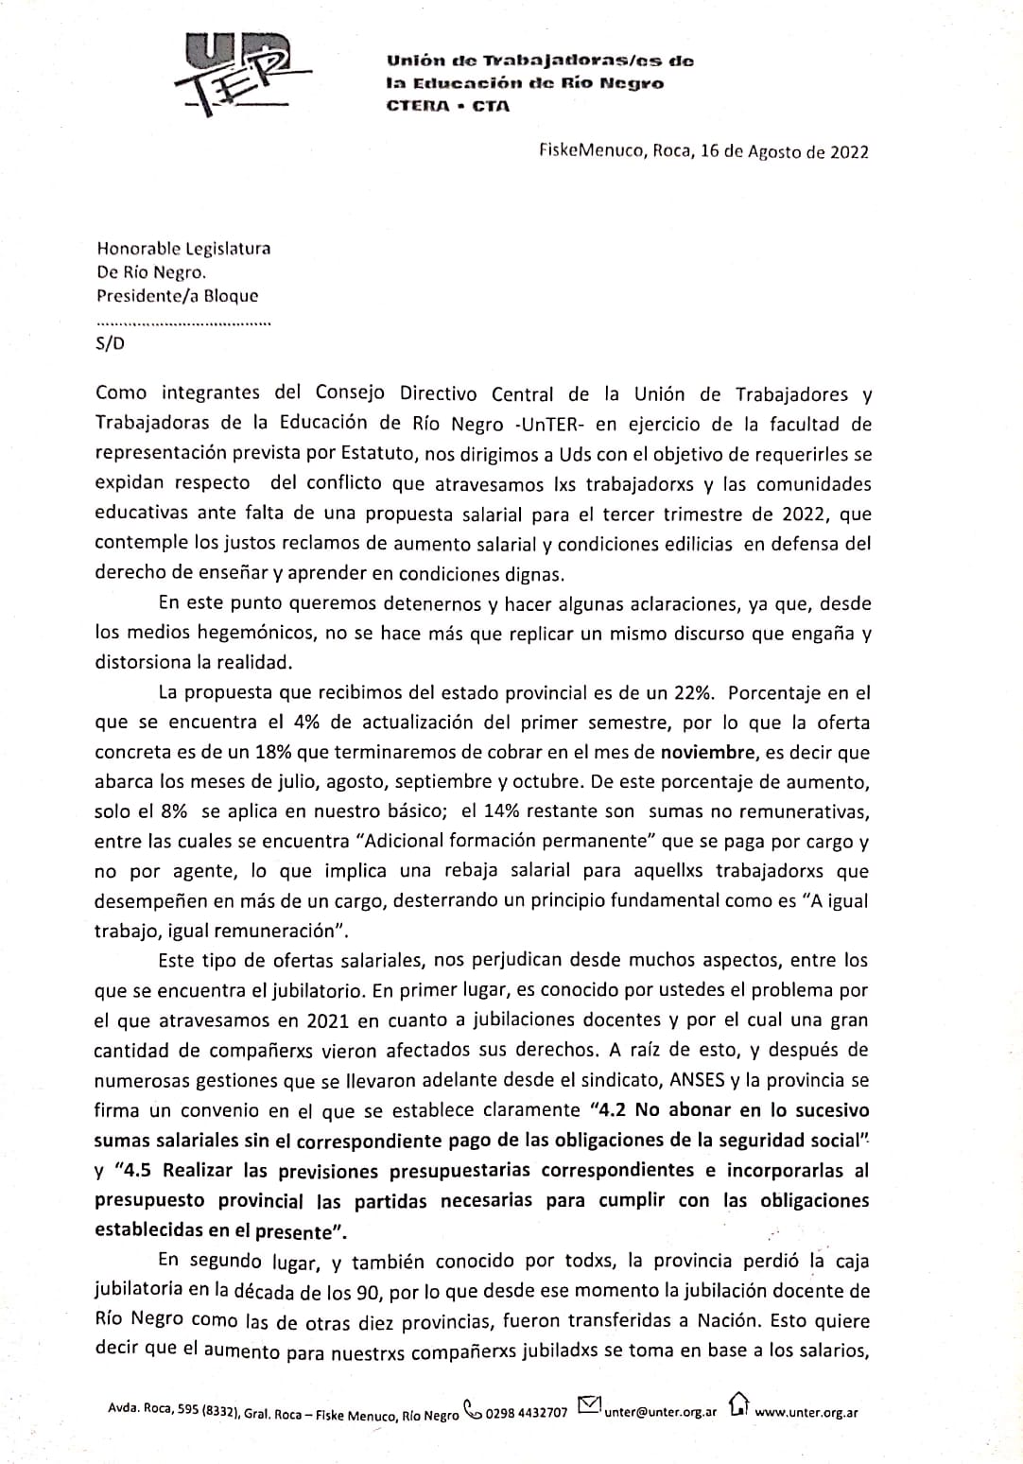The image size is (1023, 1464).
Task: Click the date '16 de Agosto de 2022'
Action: pos(785,152)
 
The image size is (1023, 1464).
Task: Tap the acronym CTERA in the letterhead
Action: pos(418,106)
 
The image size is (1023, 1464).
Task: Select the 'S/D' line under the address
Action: pos(110,343)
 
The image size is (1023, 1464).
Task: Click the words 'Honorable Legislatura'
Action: pos(183,249)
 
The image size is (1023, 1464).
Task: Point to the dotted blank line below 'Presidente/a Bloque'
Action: pos(183,323)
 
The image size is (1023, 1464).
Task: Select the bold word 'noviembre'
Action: pos(708,753)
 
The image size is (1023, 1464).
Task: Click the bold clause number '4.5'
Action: pos(136,1170)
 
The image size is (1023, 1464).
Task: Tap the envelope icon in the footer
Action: pos(588,1407)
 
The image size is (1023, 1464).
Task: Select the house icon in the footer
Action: pos(738,1405)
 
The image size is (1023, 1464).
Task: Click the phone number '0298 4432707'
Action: pos(527,1413)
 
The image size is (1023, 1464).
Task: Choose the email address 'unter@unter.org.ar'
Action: pos(661,1412)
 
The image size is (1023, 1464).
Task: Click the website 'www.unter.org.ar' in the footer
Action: pos(806,1412)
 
